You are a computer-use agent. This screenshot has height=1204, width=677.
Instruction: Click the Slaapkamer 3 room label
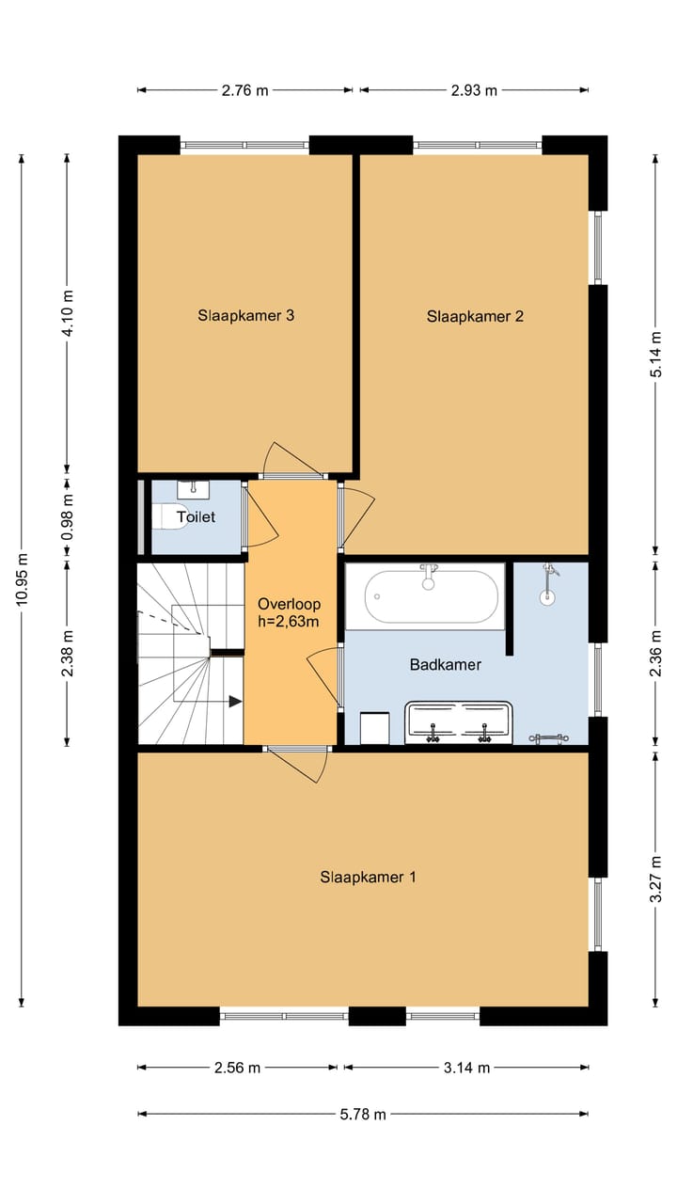coord(245,315)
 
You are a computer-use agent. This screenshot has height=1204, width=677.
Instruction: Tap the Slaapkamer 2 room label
coord(475,317)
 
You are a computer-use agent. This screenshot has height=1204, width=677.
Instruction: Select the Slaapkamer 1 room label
coord(368,878)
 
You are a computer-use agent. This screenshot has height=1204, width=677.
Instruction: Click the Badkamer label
coord(446,665)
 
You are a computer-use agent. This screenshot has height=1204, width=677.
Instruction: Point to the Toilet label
coord(197,517)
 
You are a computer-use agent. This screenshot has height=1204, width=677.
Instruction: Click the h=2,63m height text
coord(289,622)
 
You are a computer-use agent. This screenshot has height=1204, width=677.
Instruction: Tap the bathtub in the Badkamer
coord(432,596)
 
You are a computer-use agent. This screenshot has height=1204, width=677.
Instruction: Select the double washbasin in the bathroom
coord(458,722)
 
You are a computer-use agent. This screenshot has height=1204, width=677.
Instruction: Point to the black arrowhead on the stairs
coord(235,702)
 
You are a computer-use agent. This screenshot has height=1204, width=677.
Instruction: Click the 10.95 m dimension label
coord(22,578)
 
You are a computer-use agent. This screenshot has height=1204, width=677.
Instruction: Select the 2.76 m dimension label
coord(245,90)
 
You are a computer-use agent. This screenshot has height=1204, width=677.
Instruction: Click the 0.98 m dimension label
coord(67,517)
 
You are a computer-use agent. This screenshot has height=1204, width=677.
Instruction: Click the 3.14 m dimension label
coord(466,1068)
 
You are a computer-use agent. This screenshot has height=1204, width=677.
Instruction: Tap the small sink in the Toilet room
coord(193,489)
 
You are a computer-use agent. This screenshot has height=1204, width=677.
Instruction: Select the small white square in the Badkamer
coord(374,728)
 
